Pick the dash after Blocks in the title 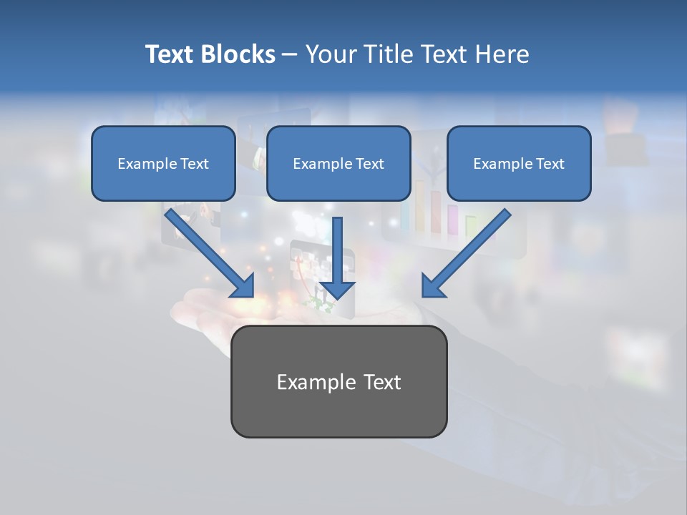[x=290, y=55]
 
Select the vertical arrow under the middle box [x=337, y=254]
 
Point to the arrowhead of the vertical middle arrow [x=337, y=289]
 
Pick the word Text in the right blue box [x=550, y=164]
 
